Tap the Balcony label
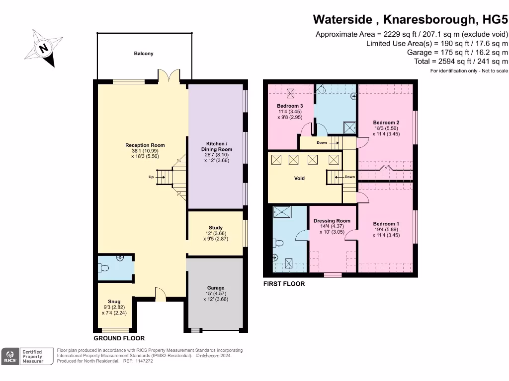143,54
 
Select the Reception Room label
145,145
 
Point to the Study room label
215,228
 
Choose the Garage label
215,288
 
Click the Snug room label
114,301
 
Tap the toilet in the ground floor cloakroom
104,268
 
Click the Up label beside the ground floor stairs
151,176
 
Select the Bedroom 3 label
290,106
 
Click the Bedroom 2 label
386,123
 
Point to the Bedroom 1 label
386,224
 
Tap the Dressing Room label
332,221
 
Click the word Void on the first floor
299,178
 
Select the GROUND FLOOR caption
119,338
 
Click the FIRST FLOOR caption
284,284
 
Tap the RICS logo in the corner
9,356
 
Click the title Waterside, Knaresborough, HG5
411,20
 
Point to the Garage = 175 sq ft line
457,53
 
